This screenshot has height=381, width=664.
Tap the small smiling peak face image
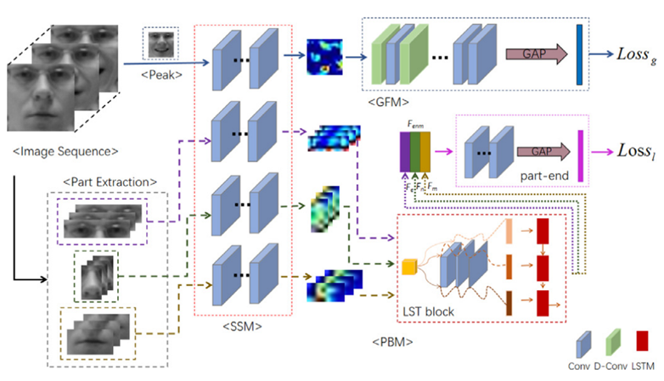pyautogui.click(x=160, y=45)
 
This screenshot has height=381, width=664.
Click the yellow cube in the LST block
pyautogui.click(x=410, y=267)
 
